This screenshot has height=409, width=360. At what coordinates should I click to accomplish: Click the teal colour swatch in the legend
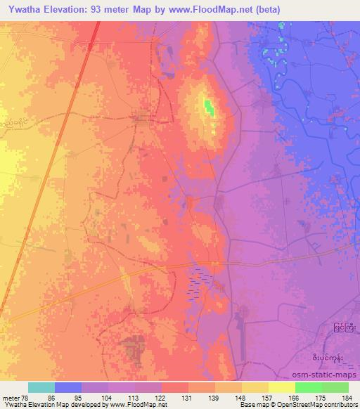tap(41, 387)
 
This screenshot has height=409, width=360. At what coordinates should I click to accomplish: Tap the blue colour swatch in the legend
tap(68, 387)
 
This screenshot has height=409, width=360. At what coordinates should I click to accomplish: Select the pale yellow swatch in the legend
tap(282, 387)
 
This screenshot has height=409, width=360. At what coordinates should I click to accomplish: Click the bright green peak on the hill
tap(209, 107)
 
